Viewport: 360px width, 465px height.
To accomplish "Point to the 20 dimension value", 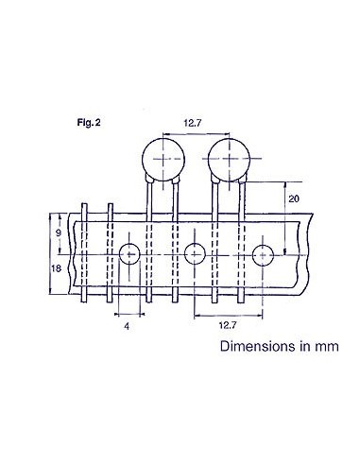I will tap(293, 198).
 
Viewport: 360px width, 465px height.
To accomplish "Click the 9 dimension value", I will tap(58, 232).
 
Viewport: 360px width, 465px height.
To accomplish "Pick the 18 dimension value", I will tap(58, 270).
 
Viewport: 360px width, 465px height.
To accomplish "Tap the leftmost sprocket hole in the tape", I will tap(130, 253).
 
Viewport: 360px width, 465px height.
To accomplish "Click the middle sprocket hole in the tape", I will tap(195, 253).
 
